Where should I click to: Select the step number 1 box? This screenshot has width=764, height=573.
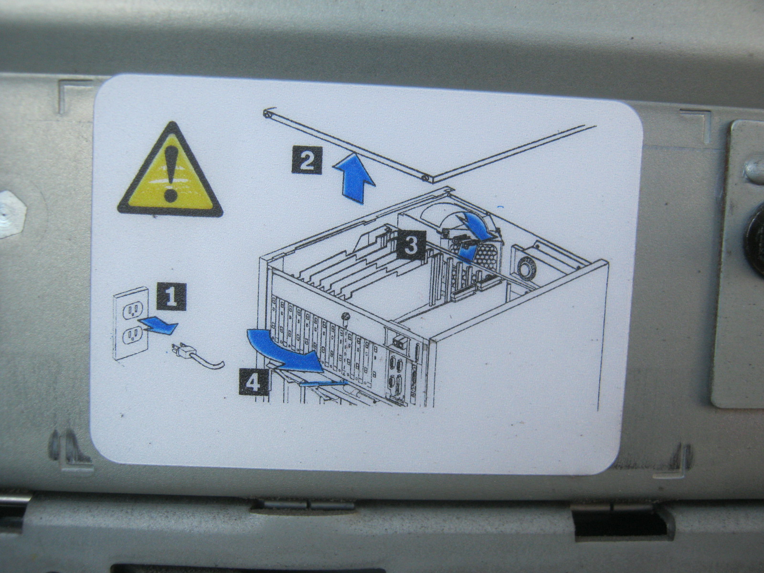pyautogui.click(x=171, y=297)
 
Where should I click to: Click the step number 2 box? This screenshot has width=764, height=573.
pyautogui.click(x=307, y=160)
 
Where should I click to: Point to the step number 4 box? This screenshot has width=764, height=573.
pyautogui.click(x=254, y=382)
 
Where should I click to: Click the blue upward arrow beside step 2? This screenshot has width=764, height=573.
pyautogui.click(x=354, y=179)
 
